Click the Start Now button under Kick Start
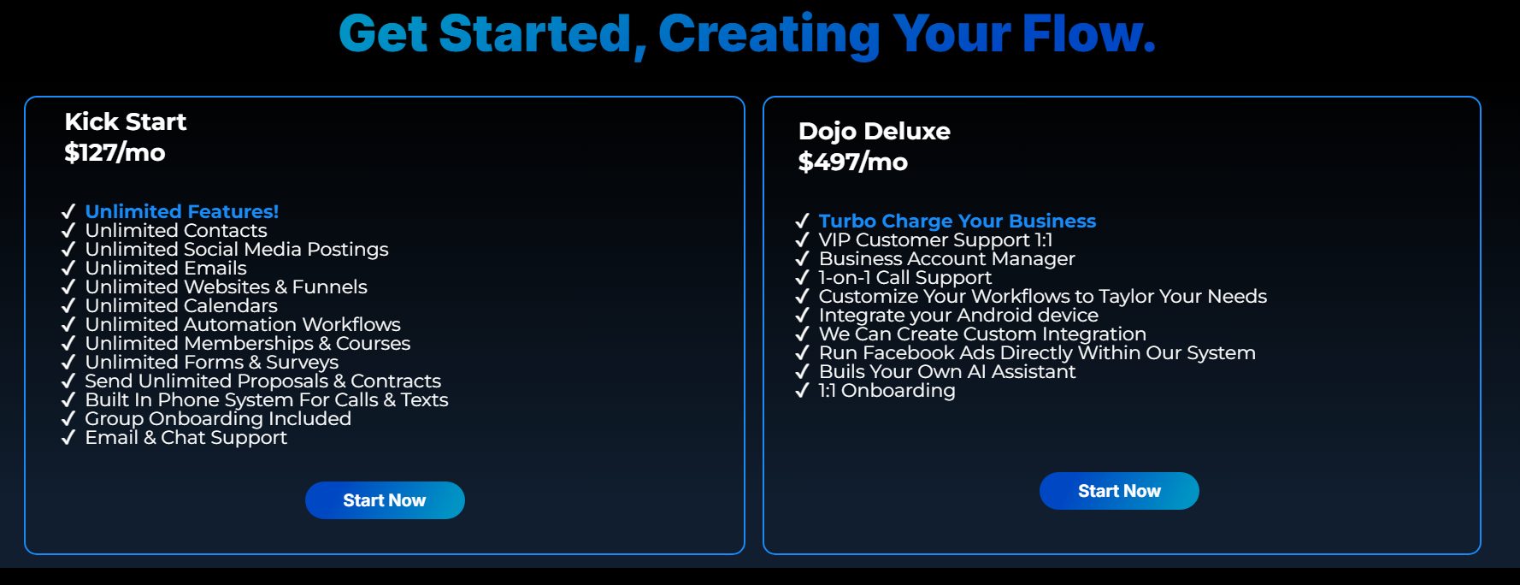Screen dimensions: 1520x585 (x=385, y=500)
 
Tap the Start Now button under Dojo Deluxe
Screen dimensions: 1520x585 (x=1119, y=491)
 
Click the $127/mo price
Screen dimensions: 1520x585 (x=115, y=153)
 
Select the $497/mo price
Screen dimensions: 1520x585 (x=852, y=162)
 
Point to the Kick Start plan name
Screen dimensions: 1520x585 (x=126, y=122)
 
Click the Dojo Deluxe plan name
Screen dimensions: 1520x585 (x=874, y=131)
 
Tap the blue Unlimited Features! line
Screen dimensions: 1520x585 (x=182, y=211)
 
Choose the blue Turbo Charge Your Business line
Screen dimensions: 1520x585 (x=957, y=221)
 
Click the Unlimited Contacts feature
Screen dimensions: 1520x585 (x=176, y=230)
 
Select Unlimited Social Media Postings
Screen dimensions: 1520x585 (x=237, y=249)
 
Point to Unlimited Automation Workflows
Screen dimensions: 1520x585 (x=243, y=324)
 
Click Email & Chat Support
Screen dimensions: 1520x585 (x=186, y=437)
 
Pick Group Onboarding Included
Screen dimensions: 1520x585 (x=218, y=418)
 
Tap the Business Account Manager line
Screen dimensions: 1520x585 (x=946, y=258)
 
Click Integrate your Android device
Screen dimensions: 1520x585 (x=958, y=315)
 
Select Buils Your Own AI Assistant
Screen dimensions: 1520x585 (x=947, y=371)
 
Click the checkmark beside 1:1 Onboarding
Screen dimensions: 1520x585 (x=802, y=391)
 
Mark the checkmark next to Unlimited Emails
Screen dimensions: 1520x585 (x=68, y=269)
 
